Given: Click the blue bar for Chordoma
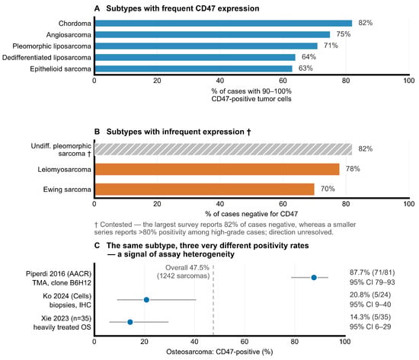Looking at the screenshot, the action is (224, 24).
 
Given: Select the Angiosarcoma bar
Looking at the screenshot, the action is (213, 35).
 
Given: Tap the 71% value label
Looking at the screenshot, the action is (331, 46).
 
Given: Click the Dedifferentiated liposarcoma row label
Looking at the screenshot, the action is (46, 58).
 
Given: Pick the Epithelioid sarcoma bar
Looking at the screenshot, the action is (194, 69).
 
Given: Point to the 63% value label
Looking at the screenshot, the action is (305, 68).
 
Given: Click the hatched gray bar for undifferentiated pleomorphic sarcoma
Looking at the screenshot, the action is (224, 149).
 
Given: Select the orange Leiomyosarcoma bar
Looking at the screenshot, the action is (217, 169).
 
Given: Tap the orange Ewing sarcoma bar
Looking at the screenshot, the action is (205, 190).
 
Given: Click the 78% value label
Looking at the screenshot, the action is (353, 169).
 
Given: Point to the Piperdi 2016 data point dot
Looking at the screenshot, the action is (314, 278).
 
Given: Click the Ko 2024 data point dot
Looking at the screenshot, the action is (146, 300).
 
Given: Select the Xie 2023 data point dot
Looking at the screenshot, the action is (130, 322).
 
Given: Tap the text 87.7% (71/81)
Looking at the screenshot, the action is (373, 272).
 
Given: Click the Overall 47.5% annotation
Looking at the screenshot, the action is (184, 272).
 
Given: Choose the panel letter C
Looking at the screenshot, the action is (97, 246).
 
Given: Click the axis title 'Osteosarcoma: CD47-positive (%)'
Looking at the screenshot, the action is (219, 352).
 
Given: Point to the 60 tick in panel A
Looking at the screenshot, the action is (283, 81).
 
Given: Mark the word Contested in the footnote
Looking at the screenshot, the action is (116, 225).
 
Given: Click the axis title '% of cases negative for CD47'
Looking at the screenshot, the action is (251, 214).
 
